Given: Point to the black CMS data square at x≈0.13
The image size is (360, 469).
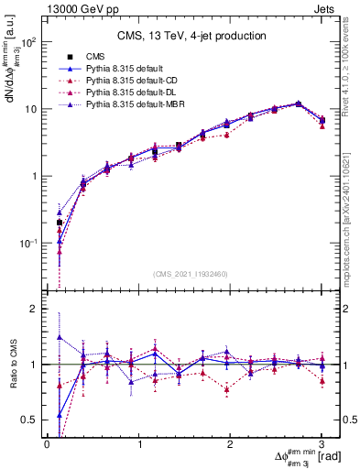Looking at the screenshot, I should [x=60, y=223].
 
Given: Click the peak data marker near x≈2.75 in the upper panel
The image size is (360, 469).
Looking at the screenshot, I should [x=299, y=104].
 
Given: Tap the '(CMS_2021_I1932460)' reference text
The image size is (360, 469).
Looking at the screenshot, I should [x=191, y=274].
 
